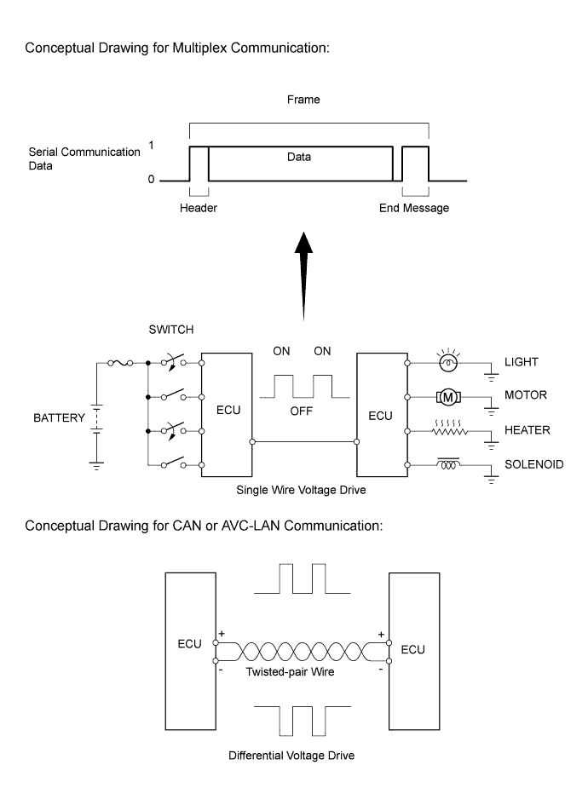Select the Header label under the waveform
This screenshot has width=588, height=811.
199,209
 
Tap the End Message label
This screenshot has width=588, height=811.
414,209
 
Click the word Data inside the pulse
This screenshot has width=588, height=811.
299,157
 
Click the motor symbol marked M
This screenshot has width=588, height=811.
448,396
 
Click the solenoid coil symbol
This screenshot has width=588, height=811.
447,465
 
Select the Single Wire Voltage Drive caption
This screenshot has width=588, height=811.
304,492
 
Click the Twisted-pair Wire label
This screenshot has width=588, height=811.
302,671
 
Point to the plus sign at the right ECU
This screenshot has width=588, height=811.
381,635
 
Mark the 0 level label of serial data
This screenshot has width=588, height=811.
151,181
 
